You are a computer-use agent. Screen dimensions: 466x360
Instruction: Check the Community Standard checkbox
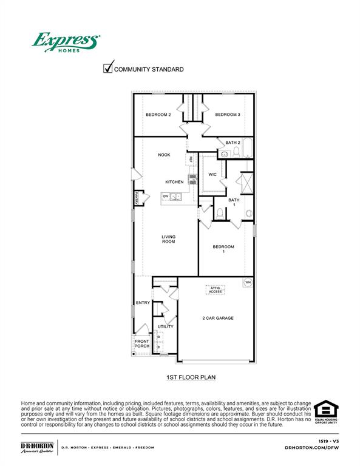pos(109,69)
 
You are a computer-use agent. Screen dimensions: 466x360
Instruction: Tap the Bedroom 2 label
pos(158,115)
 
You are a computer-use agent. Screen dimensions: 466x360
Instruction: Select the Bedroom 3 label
pos(228,115)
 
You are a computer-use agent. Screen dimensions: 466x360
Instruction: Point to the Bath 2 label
pos(233,143)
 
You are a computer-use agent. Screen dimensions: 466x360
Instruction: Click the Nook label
pos(164,155)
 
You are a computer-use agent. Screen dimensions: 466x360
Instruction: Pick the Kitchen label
pos(174,182)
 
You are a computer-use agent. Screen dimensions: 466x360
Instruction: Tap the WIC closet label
pos(212,174)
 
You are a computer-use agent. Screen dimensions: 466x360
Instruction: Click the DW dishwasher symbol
pos(165,197)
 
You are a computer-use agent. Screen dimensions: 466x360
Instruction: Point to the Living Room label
pos(168,239)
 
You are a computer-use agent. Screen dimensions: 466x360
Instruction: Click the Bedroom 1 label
pos(223,249)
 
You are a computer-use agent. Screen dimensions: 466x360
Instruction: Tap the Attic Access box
pos(216,290)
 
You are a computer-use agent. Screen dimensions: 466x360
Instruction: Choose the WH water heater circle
pos(248,282)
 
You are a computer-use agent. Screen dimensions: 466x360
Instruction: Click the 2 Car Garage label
pos(218,318)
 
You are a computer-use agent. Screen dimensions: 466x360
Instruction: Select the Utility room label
pos(165,326)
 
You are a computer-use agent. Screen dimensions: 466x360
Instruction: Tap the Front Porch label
pos(141,343)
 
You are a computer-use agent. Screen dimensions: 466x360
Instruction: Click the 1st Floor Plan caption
pos(191,377)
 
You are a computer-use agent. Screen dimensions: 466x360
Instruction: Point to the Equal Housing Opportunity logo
pos(327,412)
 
